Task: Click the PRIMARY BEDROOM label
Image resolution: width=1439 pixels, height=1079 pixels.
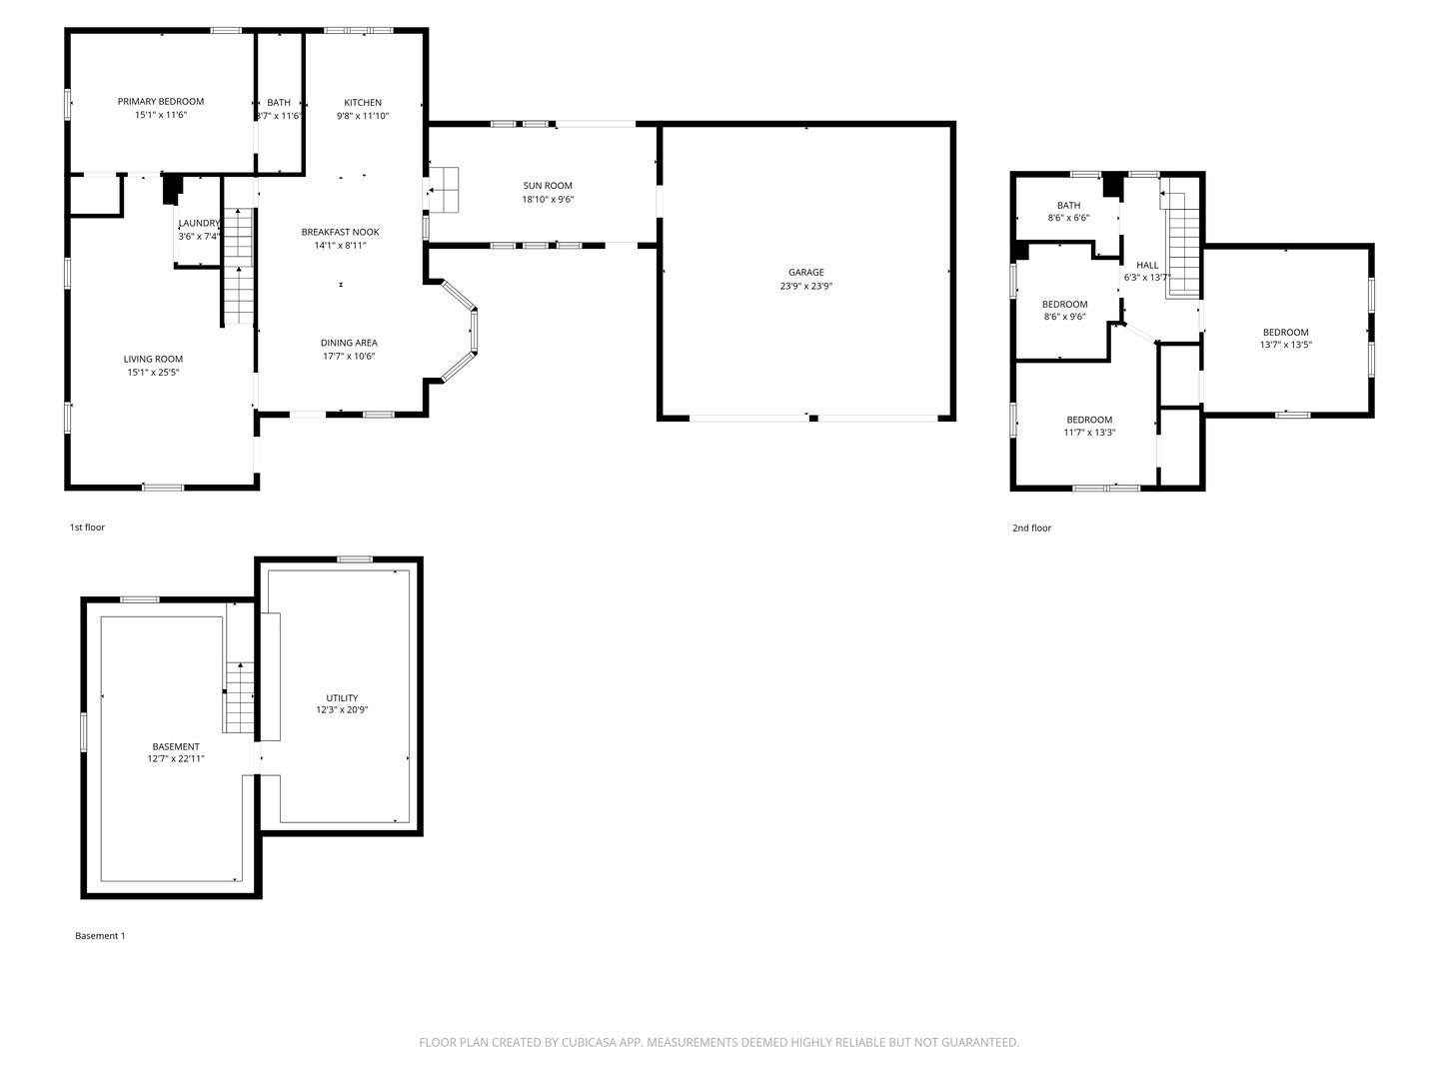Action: click(160, 102)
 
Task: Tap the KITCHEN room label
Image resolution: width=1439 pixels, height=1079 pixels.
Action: click(363, 103)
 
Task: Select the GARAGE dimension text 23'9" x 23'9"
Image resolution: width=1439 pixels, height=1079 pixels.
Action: click(806, 286)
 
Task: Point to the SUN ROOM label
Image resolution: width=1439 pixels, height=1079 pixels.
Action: click(548, 186)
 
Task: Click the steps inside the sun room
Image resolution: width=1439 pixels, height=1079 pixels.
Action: click(444, 189)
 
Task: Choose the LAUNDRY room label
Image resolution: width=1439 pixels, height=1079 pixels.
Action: click(199, 223)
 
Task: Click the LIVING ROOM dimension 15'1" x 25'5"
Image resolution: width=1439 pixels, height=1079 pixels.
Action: click(153, 373)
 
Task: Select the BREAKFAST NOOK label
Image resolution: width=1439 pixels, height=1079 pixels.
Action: click(340, 232)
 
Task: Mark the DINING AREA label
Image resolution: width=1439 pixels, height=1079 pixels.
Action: click(349, 343)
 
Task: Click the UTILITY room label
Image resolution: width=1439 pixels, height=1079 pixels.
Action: click(342, 698)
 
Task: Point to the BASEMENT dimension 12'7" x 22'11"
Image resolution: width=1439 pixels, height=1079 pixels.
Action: click(176, 759)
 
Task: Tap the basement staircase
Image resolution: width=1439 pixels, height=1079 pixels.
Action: click(240, 697)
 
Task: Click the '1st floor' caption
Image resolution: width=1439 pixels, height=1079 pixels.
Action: click(87, 528)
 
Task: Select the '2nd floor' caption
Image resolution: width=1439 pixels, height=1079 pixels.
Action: click(1031, 529)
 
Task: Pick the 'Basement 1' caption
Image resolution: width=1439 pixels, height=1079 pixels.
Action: click(100, 936)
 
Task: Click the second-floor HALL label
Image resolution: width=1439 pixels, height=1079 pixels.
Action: click(1147, 265)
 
